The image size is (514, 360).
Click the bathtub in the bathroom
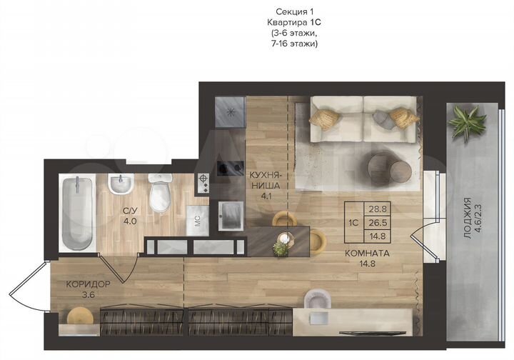76,213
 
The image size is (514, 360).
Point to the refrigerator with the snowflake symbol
231,111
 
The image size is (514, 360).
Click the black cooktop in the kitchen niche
230,169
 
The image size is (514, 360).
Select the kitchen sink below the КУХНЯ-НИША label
230,212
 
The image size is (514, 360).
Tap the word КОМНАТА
368,252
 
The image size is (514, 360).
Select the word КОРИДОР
88,284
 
